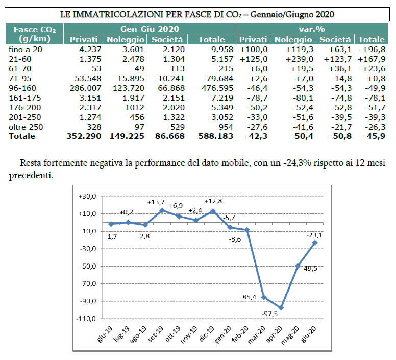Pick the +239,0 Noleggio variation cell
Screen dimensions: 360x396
295,58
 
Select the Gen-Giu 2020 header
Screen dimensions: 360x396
150,29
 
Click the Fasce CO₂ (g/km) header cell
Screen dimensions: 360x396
35,34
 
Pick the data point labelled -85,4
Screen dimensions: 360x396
264,297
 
